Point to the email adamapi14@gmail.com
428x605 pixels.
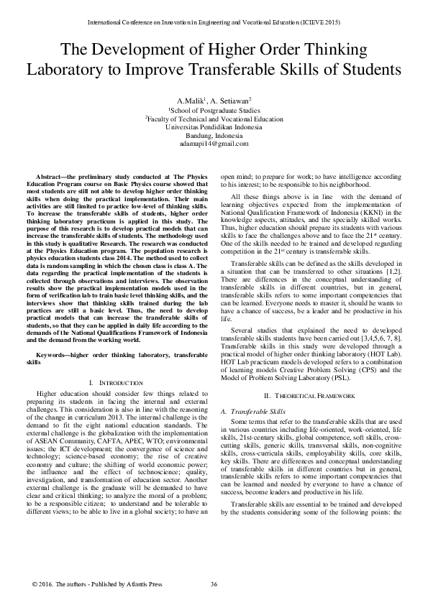pyautogui.click(x=214, y=144)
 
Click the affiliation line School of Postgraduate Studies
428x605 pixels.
pyautogui.click(x=214, y=110)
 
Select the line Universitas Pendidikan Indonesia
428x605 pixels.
pyautogui.click(x=214, y=126)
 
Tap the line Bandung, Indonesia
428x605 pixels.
pyautogui.click(x=214, y=135)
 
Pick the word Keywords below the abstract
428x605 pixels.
pyautogui.click(x=52, y=356)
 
